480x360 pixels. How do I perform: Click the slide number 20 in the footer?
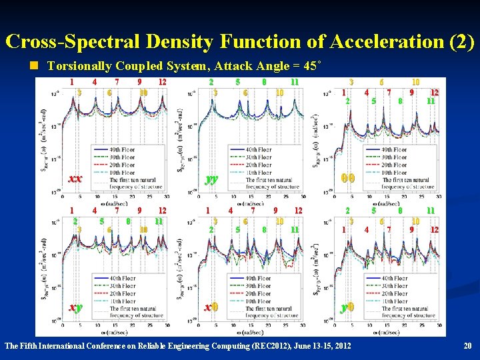pyautogui.click(x=467, y=346)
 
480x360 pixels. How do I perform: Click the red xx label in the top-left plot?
pyautogui.click(x=75, y=179)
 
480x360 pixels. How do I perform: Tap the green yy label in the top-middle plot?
pyautogui.click(x=211, y=179)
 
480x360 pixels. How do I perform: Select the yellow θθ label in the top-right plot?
pyautogui.click(x=347, y=179)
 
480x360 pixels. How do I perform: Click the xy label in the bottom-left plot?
pyautogui.click(x=75, y=307)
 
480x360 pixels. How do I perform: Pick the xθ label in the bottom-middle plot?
pyautogui.click(x=211, y=307)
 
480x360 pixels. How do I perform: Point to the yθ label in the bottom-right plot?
pyautogui.click(x=347, y=307)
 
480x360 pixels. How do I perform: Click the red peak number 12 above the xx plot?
pyautogui.click(x=162, y=82)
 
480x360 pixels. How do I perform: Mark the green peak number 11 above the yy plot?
pyautogui.click(x=294, y=82)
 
